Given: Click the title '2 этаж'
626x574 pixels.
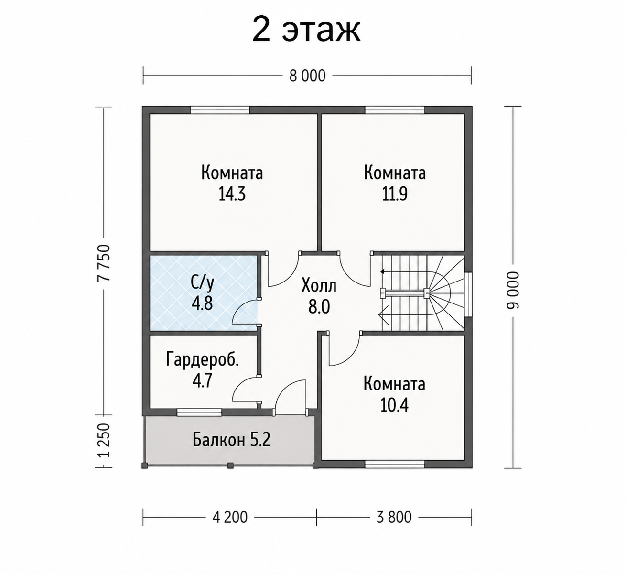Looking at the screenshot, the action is coord(306,31).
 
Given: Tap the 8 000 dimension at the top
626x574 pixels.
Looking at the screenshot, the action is coord(307,76).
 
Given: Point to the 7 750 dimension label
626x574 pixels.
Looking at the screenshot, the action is coord(104,263).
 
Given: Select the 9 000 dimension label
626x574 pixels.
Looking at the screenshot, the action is coord(512,291).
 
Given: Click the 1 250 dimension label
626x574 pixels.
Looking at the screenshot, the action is coord(104,440).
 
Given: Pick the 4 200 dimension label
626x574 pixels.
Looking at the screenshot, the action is coord(230,517).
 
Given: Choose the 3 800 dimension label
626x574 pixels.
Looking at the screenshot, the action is coord(394,517).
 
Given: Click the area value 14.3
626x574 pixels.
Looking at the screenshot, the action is coord(232,194).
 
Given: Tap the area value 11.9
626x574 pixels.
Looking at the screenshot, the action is coord(395,194).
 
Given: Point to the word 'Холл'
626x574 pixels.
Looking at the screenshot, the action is coord(319,286).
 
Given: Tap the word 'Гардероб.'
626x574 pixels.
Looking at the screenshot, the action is coord(203,359).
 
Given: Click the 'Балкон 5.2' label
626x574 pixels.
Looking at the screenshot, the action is coord(231,440).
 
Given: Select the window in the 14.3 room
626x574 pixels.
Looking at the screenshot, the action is coord(220,110).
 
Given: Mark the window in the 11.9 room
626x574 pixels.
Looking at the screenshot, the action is coord(395,110).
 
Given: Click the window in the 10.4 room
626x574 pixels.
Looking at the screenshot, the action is coord(395,465).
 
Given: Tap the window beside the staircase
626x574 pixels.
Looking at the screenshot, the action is coord(468,295).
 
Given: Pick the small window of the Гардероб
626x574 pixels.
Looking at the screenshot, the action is coord(199,412).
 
